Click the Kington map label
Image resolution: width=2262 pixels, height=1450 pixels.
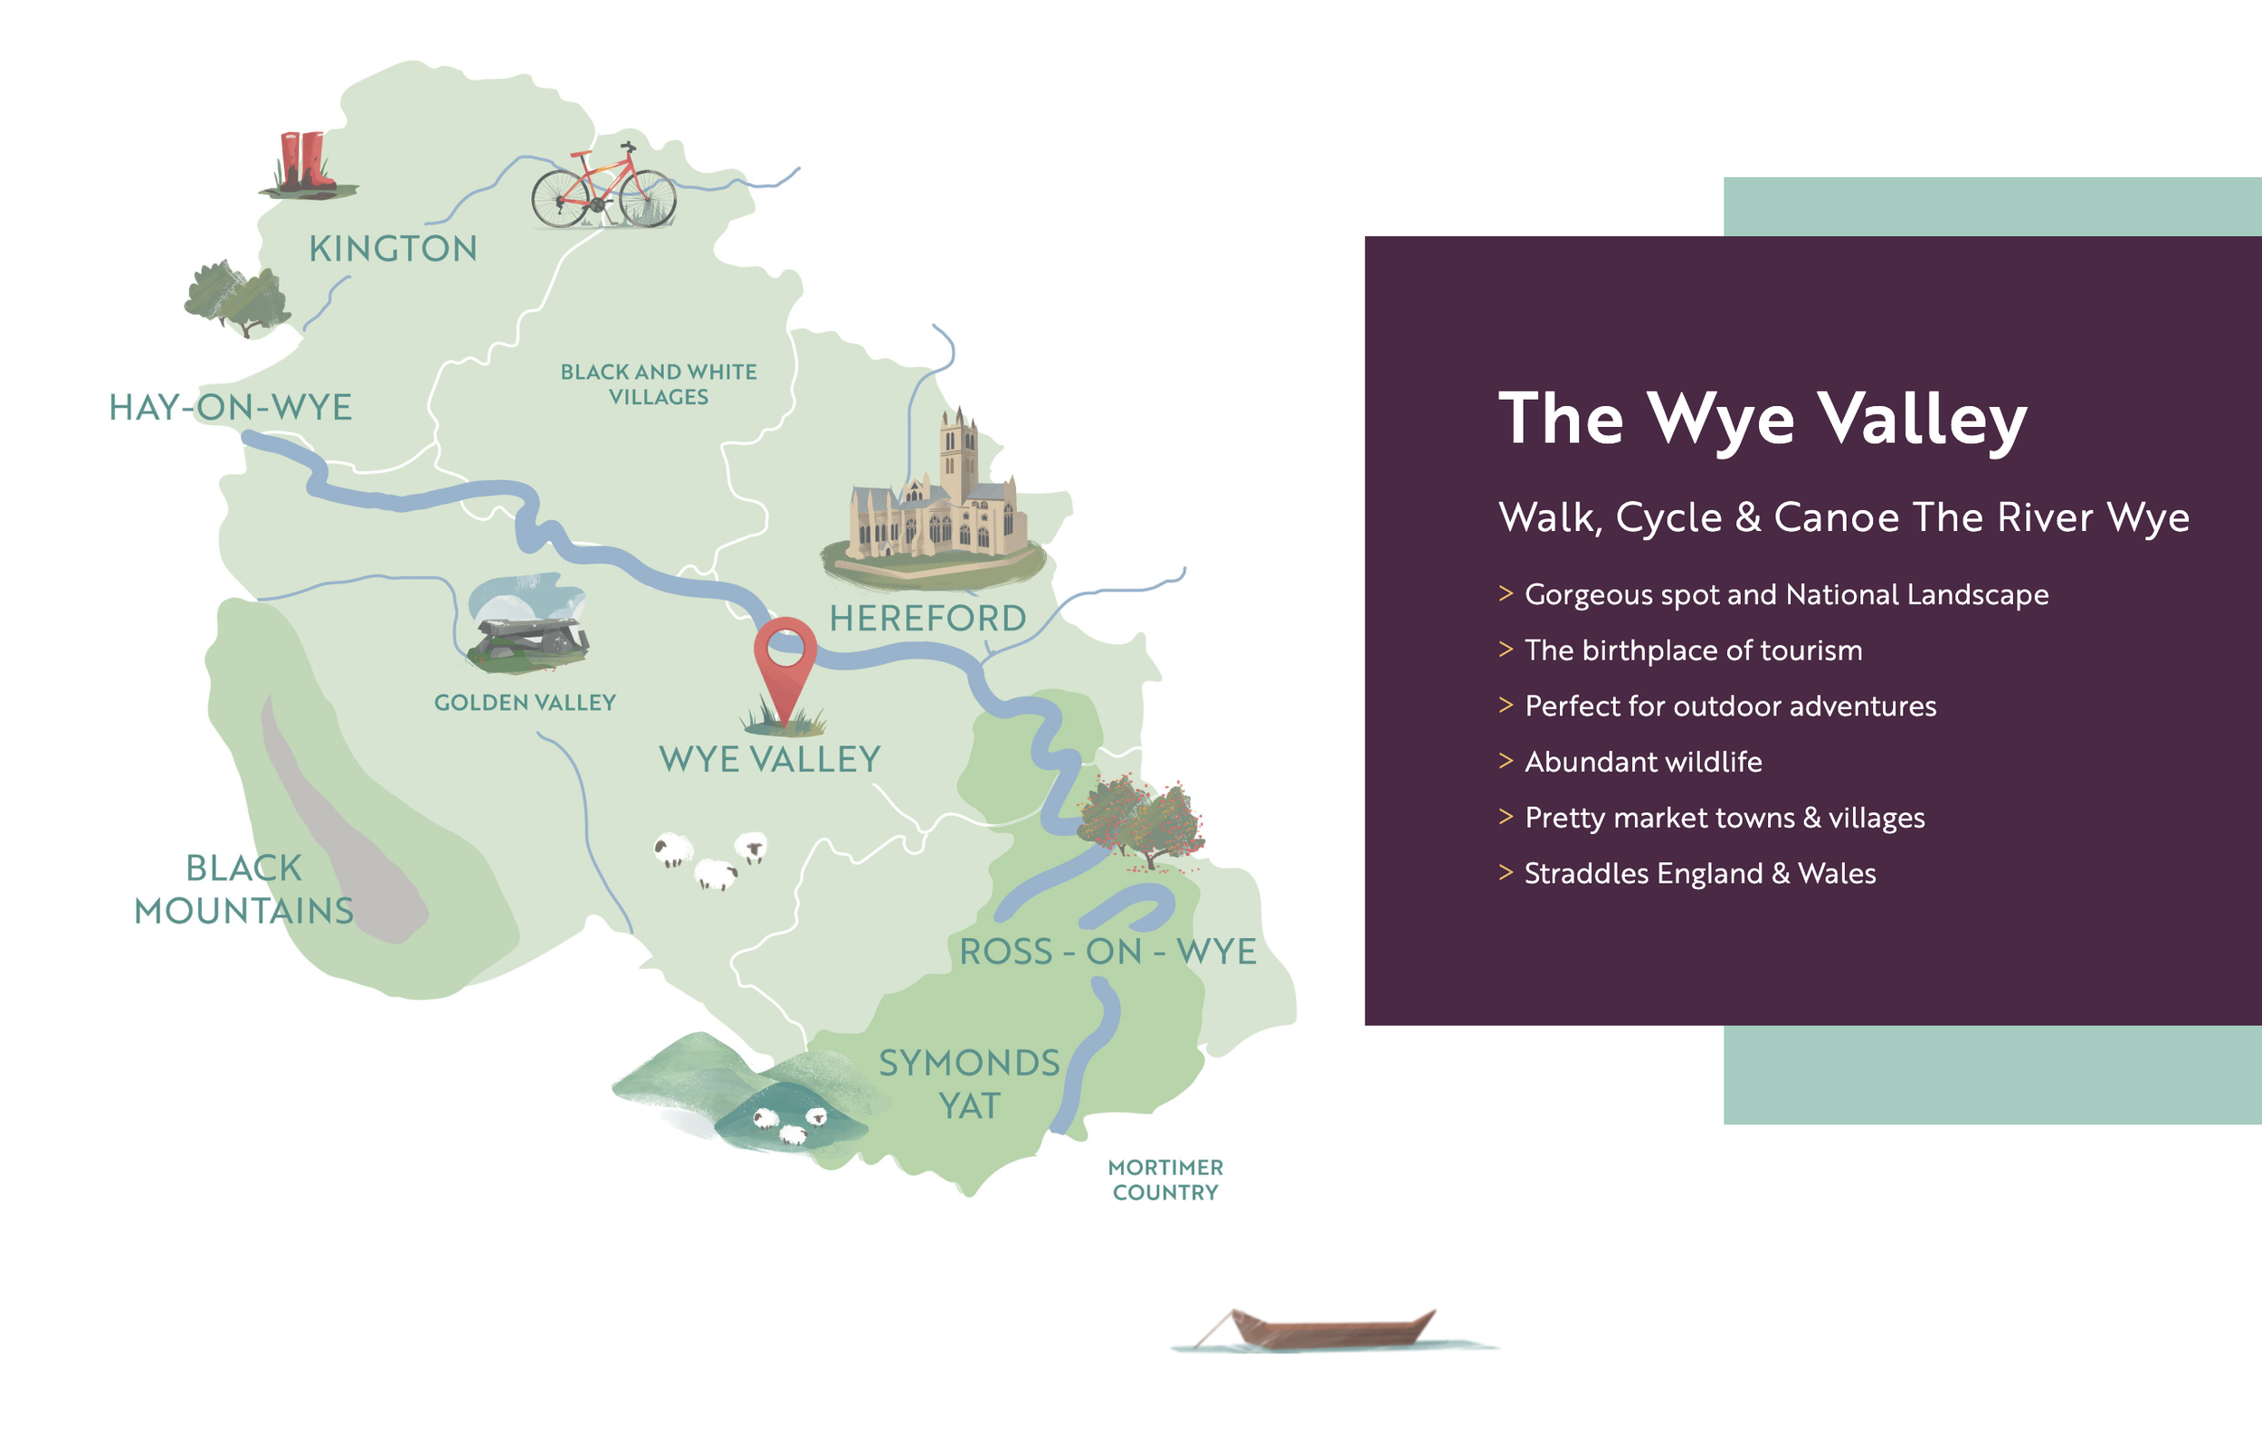393,249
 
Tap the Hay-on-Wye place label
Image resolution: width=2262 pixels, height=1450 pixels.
230,408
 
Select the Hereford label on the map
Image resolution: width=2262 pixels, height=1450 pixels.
927,619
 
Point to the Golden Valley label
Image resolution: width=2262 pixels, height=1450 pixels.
525,703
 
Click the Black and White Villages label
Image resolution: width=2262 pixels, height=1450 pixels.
659,384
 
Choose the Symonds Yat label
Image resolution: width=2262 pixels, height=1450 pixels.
969,1084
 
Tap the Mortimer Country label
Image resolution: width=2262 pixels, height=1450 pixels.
1164,1180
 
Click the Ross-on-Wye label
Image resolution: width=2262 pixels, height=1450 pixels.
1107,952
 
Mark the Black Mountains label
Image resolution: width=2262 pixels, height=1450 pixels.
244,889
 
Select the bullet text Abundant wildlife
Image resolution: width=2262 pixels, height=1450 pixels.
1642,762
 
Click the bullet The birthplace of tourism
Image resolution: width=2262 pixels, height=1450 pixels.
1692,650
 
